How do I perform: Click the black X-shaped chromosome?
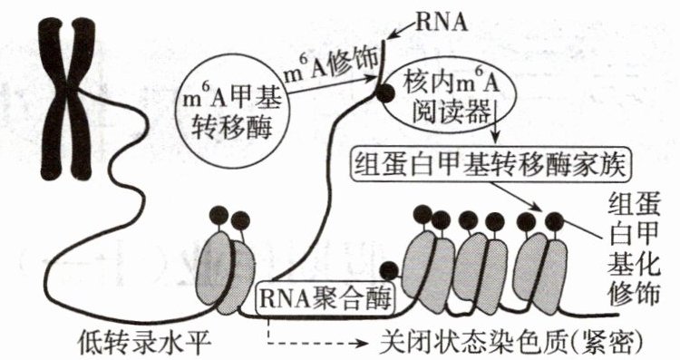click(66, 99)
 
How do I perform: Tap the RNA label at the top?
click(442, 23)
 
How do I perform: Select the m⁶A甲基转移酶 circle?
click(230, 109)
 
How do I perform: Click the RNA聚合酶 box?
click(326, 298)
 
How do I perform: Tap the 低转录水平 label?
click(144, 343)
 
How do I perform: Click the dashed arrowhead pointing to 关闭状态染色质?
click(364, 344)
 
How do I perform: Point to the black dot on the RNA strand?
click(384, 92)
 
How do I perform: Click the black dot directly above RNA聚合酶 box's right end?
click(389, 271)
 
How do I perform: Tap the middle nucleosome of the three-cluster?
click(482, 272)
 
